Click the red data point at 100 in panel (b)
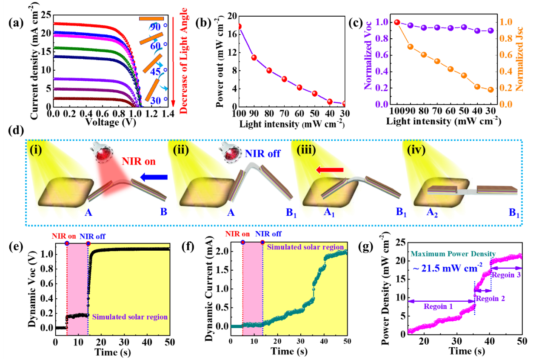tap(239, 26)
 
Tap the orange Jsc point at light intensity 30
tap(491, 90)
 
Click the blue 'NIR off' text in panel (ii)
tap(262, 153)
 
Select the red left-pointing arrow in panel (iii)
tap(329, 171)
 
